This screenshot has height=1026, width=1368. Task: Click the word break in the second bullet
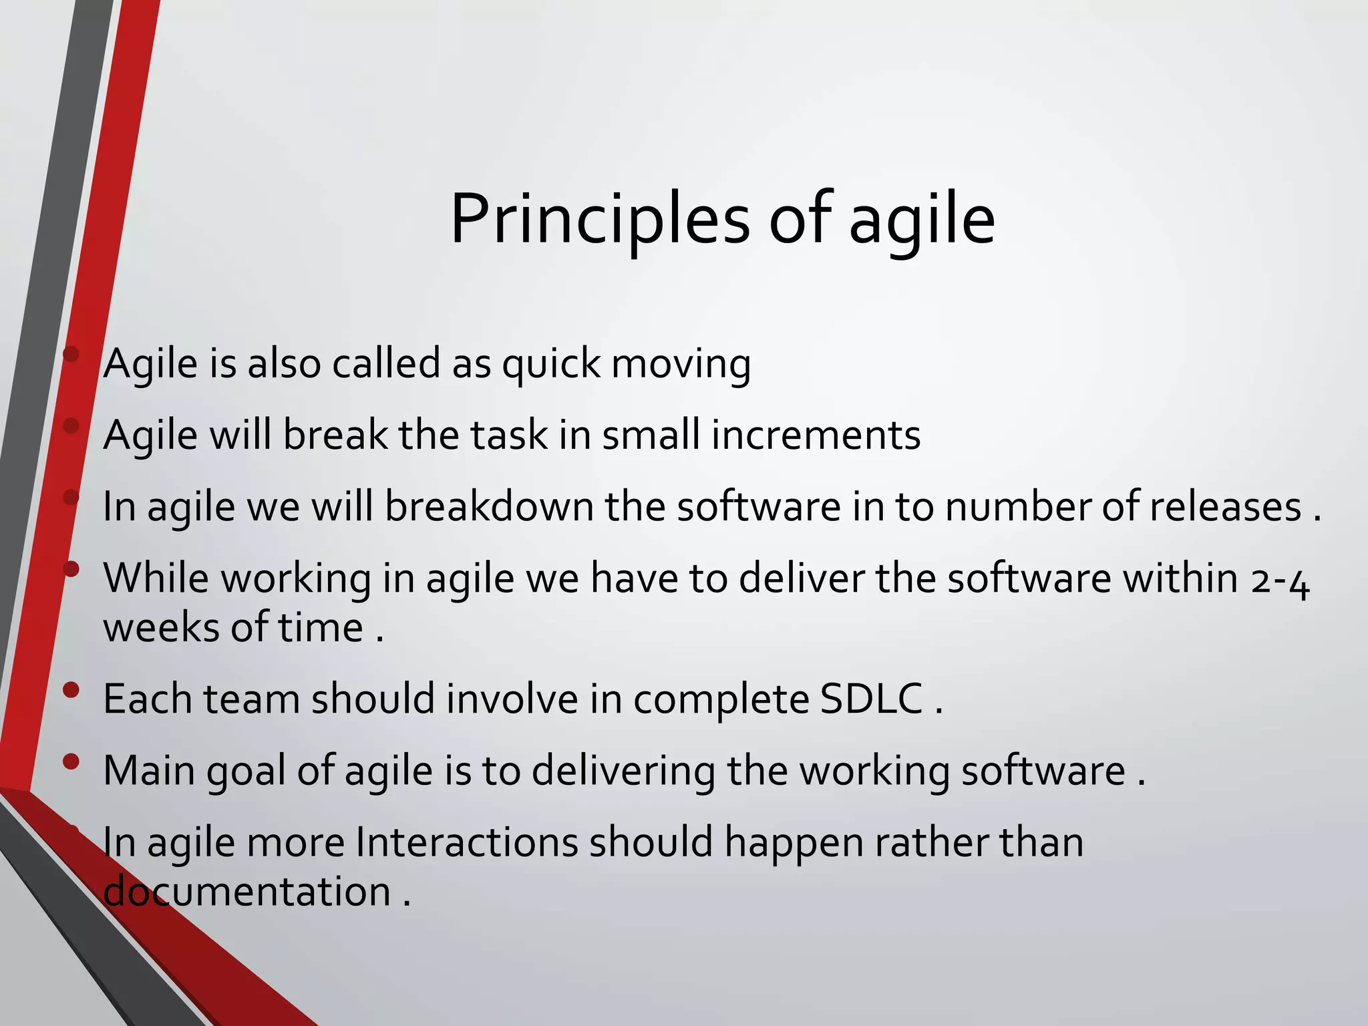click(x=335, y=436)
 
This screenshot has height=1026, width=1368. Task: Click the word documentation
click(x=247, y=892)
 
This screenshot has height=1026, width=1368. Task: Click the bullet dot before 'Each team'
click(x=71, y=689)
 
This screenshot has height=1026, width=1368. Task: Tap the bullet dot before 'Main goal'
click(x=71, y=761)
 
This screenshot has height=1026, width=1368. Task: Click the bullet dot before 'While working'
click(x=71, y=568)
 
